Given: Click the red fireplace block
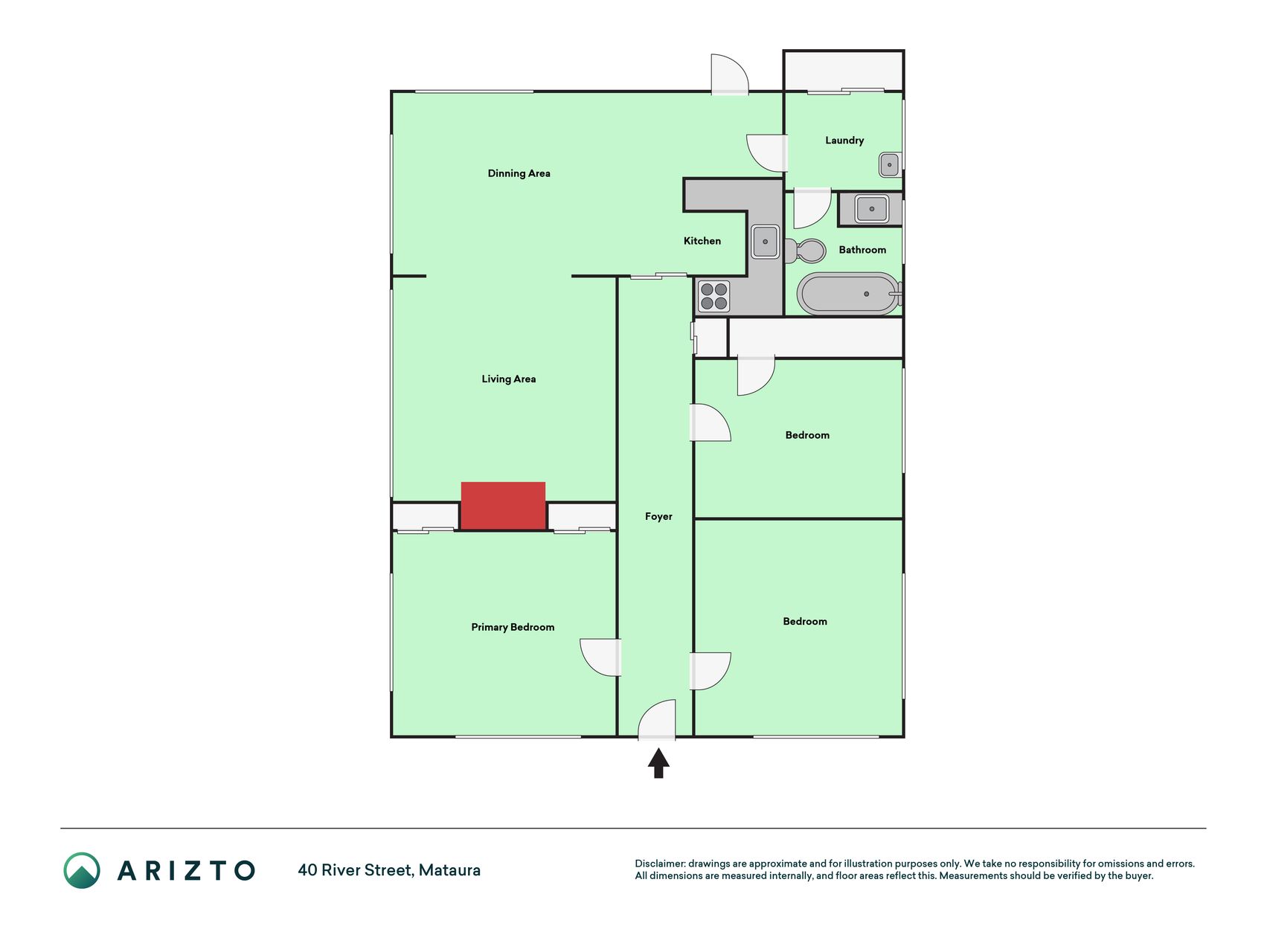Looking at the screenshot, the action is coord(503,506).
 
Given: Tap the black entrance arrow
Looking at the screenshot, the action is coord(658,763).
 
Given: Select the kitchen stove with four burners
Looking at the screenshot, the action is coord(714,296).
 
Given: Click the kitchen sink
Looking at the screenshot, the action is coord(765,242).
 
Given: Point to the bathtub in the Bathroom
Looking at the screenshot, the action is coord(849,294).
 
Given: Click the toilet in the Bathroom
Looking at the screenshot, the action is coord(805,251).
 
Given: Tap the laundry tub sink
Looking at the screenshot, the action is coord(890,164).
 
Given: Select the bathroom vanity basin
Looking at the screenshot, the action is coord(871,209).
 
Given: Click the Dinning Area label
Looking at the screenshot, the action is coord(519,173).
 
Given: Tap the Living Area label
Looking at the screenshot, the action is coord(509,379).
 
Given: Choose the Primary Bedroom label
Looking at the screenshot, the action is coord(513,627).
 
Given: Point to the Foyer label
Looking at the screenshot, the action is coord(658,516).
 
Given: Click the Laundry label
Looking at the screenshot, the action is coord(844,140).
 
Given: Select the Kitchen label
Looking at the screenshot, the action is coord(702,241).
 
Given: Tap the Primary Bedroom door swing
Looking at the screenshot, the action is coord(601,657).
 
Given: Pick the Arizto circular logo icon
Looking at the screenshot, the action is coord(82,870).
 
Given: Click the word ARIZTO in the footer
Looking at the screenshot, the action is coord(186,870).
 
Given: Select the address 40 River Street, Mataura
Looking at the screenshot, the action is coord(389,870).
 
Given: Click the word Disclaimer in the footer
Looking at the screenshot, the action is coord(660,863).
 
